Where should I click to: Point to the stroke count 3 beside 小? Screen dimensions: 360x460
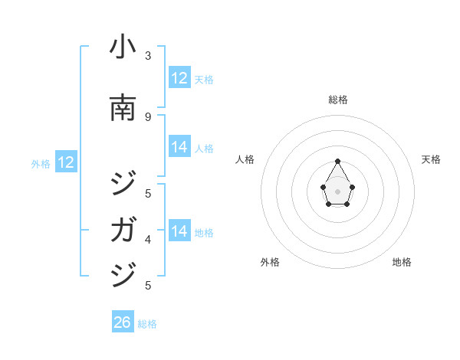pyautogui.click(x=148, y=55)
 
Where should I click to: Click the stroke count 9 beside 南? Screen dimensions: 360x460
pyautogui.click(x=148, y=116)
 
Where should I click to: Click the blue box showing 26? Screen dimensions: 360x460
pyautogui.click(x=122, y=322)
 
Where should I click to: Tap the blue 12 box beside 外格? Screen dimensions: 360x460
pyautogui.click(x=65, y=162)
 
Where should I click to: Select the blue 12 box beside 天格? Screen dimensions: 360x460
pyautogui.click(x=179, y=78)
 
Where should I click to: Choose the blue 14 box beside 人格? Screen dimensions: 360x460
pyautogui.click(x=179, y=148)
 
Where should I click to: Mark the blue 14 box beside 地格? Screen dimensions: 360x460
pyautogui.click(x=179, y=231)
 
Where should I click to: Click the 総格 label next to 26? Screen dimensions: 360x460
pyautogui.click(x=147, y=324)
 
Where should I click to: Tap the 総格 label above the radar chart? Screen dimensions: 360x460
pyautogui.click(x=338, y=100)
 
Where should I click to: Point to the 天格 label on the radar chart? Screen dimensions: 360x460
pyautogui.click(x=431, y=159)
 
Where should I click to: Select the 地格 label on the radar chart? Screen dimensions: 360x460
pyautogui.click(x=402, y=262)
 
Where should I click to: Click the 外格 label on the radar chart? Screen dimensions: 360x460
pyautogui.click(x=270, y=262)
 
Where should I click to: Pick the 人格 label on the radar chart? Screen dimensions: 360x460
pyautogui.click(x=245, y=159)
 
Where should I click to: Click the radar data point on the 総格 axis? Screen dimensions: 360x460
pyautogui.click(x=337, y=161)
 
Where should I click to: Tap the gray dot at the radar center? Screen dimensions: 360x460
pyautogui.click(x=337, y=191)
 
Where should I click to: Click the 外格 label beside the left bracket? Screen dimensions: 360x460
pyautogui.click(x=41, y=163)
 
